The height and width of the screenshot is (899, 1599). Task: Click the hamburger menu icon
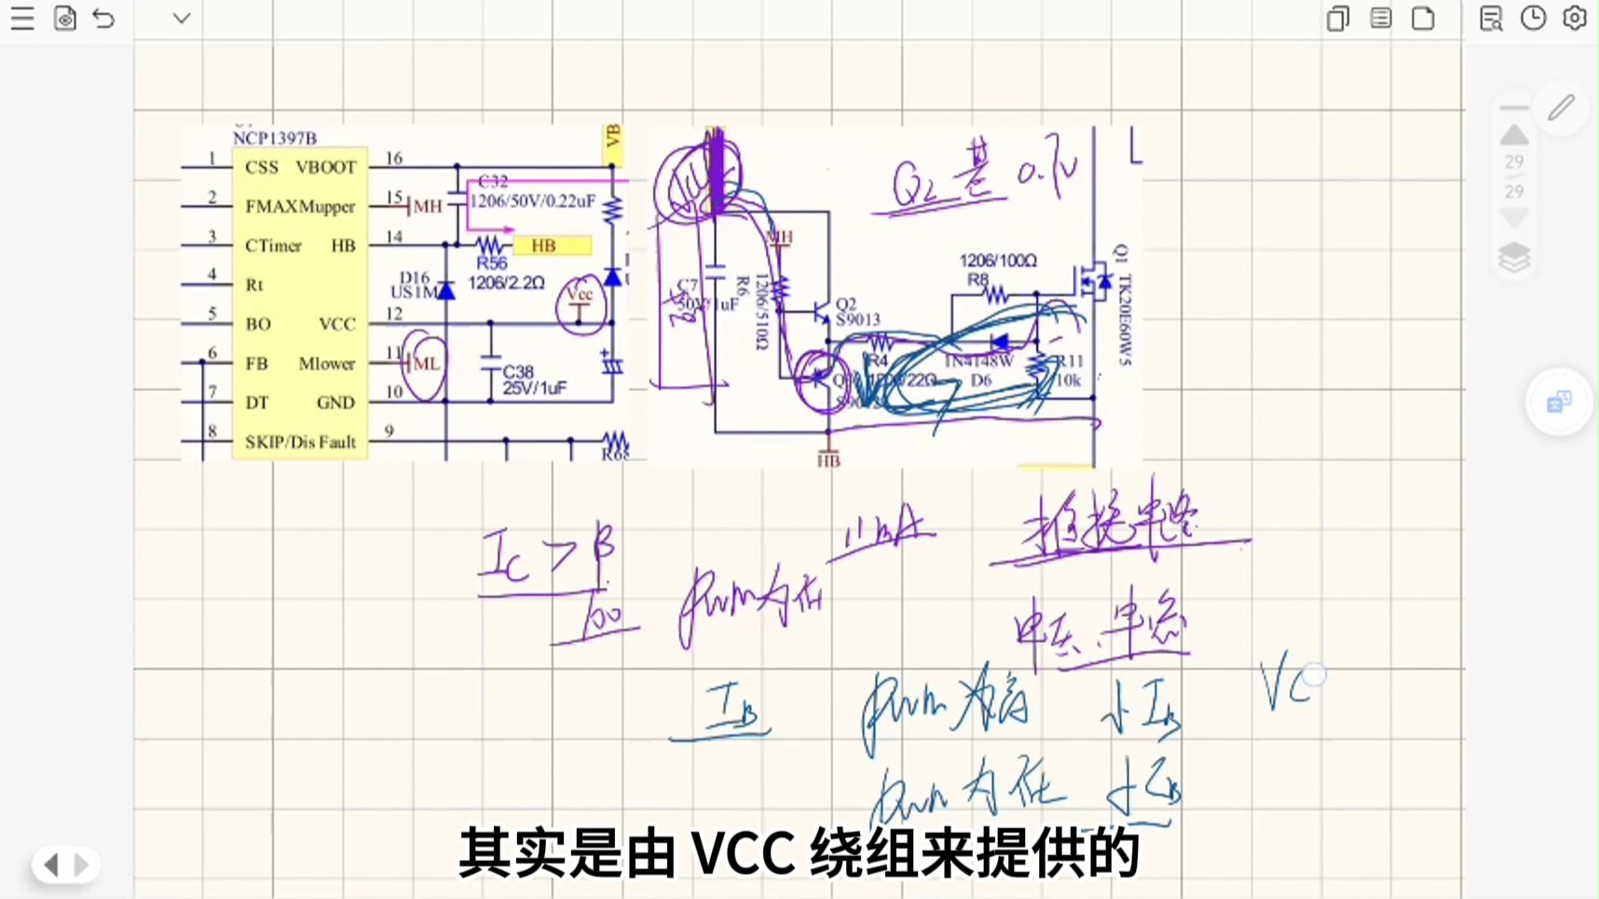22,19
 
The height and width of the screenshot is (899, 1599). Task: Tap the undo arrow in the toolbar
103,19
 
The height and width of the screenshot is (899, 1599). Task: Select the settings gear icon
1575,19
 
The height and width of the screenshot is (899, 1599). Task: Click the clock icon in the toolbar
1533,19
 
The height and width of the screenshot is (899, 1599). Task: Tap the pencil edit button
1562,108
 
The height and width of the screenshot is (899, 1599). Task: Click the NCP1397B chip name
275,138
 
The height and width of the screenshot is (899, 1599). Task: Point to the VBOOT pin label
325,168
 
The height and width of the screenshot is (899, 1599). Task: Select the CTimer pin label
273,246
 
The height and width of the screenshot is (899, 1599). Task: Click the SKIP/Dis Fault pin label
300,443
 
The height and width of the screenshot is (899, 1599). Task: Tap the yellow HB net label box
553,246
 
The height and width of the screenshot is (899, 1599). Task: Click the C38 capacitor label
518,372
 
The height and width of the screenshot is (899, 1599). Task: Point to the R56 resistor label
491,265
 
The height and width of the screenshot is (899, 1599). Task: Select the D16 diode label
415,278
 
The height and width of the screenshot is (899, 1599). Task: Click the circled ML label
426,364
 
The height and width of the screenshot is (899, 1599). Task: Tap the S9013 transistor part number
857,320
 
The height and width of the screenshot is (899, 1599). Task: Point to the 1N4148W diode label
978,361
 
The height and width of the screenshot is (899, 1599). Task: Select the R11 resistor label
1069,361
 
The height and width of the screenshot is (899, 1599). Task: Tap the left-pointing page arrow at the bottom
51,865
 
